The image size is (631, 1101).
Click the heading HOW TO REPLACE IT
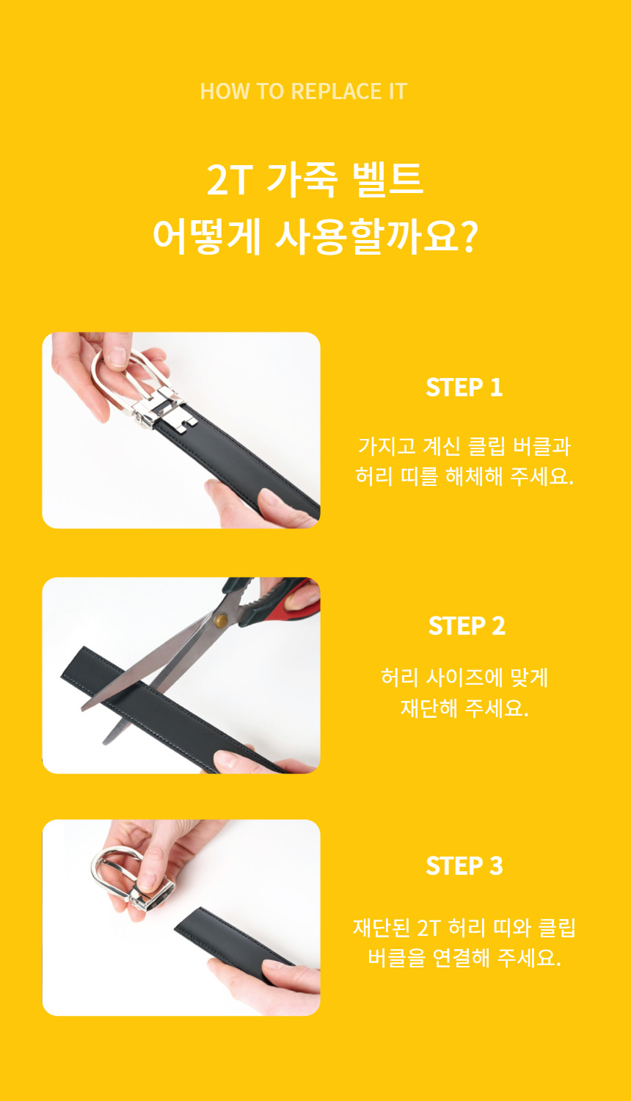click(x=304, y=92)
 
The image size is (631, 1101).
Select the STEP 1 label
click(x=464, y=388)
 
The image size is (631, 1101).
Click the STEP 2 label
click(x=467, y=625)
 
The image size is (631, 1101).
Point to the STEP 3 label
click(x=464, y=865)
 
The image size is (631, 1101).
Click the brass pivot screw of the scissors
click(x=221, y=620)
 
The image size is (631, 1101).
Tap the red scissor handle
click(x=296, y=603)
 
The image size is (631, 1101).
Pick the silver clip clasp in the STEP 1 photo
click(x=164, y=410)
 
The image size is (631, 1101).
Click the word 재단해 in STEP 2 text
click(x=429, y=708)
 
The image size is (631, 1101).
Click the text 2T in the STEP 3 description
click(x=429, y=928)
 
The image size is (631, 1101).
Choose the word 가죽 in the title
click(x=302, y=179)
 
